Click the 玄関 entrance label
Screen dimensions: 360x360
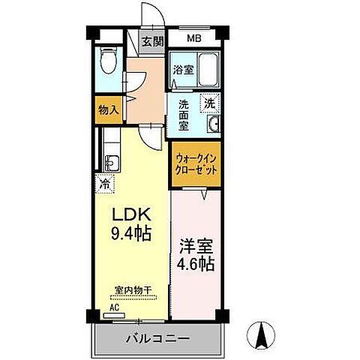[x=154, y=42]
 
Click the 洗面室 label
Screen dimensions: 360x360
[x=184, y=116]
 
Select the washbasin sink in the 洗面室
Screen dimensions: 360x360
[x=213, y=125]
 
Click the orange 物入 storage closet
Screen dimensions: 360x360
[x=109, y=109]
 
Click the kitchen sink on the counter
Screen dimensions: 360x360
[x=109, y=162]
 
